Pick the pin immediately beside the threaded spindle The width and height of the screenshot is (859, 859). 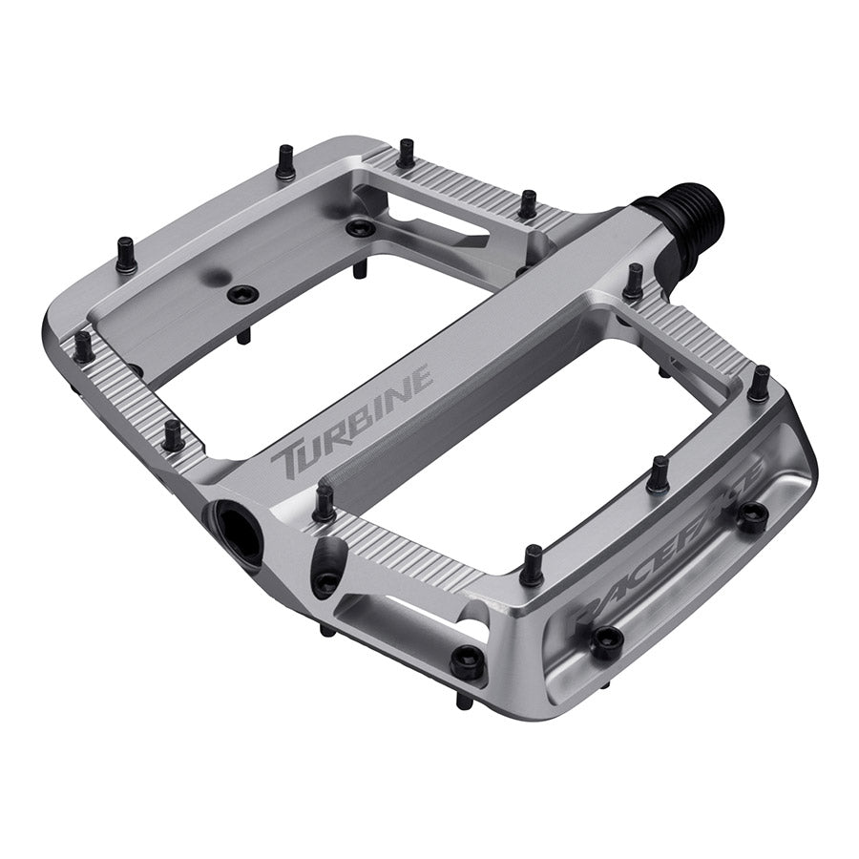(633, 283)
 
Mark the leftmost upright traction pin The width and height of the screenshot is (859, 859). (83, 346)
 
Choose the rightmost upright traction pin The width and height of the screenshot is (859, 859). (759, 384)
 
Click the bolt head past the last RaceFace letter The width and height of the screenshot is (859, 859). (752, 516)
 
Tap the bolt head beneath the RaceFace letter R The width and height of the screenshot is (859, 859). (606, 641)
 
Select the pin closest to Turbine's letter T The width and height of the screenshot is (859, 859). (324, 503)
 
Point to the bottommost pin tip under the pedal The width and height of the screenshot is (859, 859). (462, 702)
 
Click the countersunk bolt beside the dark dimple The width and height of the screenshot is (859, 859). (242, 294)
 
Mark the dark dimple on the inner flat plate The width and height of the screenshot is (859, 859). (210, 276)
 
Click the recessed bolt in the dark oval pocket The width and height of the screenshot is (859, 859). (326, 578)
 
